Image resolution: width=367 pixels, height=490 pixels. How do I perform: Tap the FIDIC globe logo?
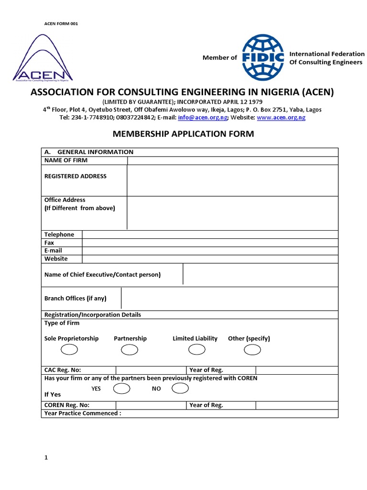[263, 57]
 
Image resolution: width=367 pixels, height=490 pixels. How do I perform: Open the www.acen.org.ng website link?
[281, 117]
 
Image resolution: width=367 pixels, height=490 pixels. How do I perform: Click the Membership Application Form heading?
[183, 134]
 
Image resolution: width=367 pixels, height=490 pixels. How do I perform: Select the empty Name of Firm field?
[232, 160]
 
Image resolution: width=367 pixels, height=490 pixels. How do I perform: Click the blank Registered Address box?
[232, 180]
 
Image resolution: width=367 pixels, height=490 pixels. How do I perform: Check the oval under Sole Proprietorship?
[69, 350]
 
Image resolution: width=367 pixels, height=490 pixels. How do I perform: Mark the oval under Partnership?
[130, 350]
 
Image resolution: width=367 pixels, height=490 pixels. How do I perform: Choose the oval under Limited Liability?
[197, 350]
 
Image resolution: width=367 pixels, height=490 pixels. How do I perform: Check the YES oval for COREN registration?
[122, 388]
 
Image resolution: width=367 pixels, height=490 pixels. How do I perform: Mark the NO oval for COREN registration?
[180, 388]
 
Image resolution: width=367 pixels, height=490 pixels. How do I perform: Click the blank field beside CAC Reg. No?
[151, 370]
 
